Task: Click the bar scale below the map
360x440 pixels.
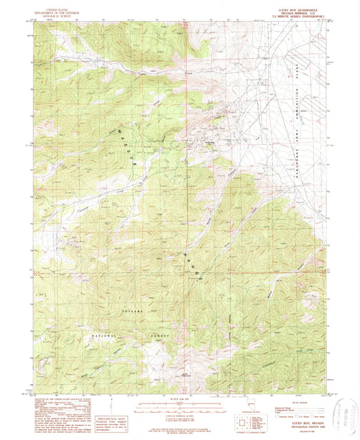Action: pos(180,406)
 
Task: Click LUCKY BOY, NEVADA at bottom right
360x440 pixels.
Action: pos(301,423)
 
